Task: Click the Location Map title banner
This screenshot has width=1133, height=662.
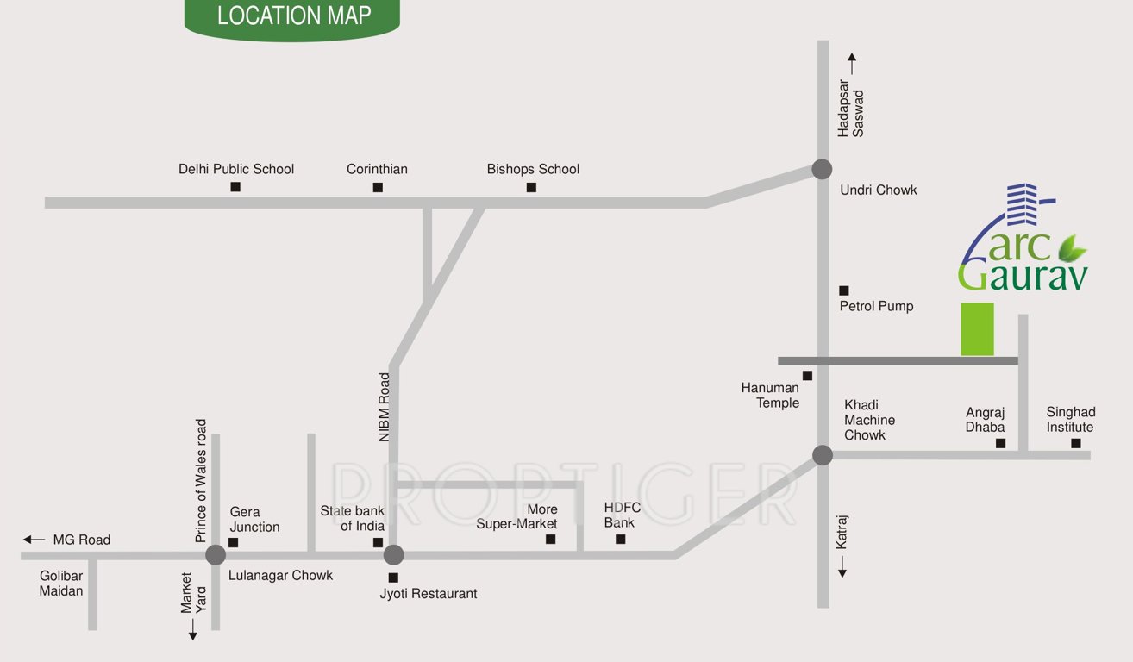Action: coord(293,17)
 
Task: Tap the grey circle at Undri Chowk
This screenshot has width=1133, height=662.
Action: coord(822,169)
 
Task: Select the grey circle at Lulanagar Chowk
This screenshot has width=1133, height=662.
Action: coord(216,555)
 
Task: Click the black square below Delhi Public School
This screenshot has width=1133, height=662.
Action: coord(235,187)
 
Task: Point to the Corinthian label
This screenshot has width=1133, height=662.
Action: coord(377,169)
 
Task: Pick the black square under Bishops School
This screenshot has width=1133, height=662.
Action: coord(531,187)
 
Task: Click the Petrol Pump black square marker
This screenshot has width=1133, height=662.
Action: coord(844,290)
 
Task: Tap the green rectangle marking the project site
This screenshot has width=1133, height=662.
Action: coord(977,328)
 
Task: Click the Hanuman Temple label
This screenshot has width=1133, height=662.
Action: coord(770,396)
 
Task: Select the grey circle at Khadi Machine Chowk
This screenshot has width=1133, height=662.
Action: coord(822,454)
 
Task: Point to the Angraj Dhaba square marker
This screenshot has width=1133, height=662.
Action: coord(1001,443)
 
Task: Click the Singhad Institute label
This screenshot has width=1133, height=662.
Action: coord(1069,420)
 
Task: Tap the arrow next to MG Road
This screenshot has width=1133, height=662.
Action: coord(34,540)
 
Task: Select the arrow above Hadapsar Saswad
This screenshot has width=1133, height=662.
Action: coord(852,63)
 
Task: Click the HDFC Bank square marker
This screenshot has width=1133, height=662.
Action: coord(620,540)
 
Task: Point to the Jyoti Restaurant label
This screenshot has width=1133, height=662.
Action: coord(429,593)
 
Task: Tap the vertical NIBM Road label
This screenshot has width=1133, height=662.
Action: coord(385,407)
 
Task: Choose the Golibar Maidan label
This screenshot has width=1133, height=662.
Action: coord(61,583)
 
